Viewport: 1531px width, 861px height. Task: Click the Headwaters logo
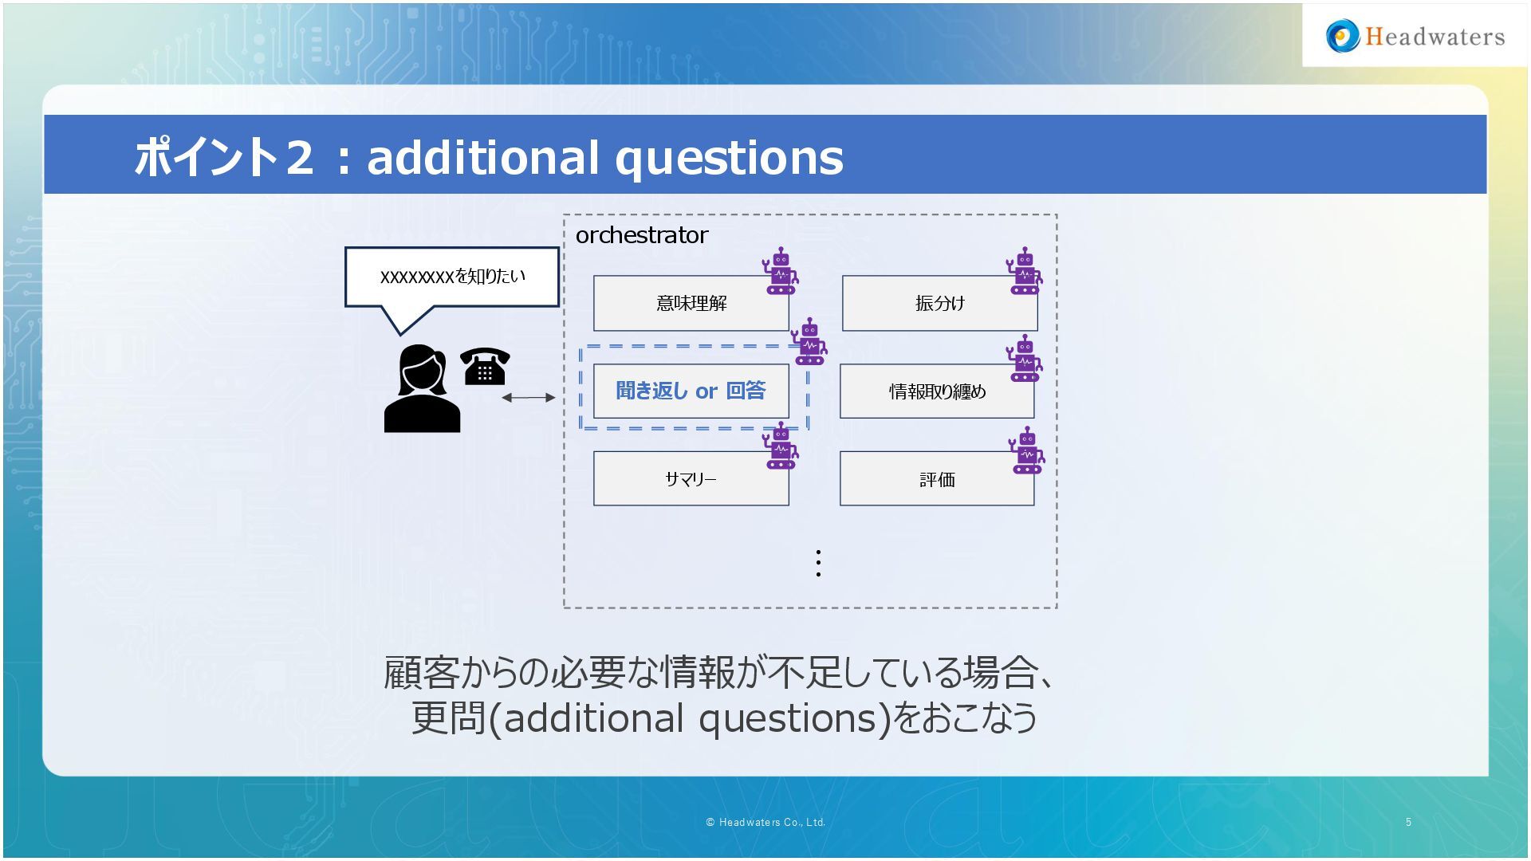[x=1415, y=37]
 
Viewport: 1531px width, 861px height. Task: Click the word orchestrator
[x=641, y=235]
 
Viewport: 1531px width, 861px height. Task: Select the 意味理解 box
[x=691, y=304]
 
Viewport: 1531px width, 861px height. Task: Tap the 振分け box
[x=939, y=304]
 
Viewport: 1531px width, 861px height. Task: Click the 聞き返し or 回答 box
[x=691, y=391]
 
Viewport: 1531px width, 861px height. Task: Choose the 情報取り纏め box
[x=937, y=391]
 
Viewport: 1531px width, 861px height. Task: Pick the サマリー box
[x=691, y=479]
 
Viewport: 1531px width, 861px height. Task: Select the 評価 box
[x=937, y=479]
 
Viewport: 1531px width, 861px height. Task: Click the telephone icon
[x=485, y=367]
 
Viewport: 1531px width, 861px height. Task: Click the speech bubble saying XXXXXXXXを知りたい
[x=452, y=277]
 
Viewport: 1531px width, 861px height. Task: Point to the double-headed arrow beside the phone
[x=528, y=397]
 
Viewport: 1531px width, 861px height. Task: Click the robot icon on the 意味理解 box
[x=781, y=271]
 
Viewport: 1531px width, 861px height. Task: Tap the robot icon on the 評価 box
[x=1026, y=450]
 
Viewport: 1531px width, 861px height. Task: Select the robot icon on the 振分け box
[x=1025, y=271]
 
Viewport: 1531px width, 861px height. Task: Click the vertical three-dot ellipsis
[x=818, y=563]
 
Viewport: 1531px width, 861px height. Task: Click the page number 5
[x=1408, y=822]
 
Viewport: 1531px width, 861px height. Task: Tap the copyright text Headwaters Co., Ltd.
[x=765, y=822]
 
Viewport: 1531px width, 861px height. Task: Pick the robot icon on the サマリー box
[x=781, y=446]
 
